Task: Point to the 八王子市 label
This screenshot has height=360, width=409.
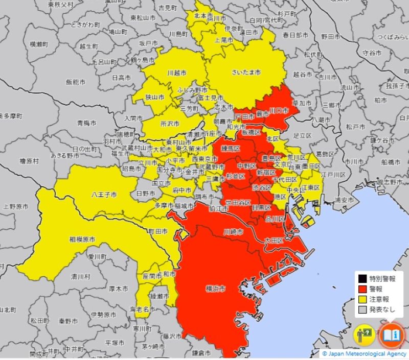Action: click(104, 195)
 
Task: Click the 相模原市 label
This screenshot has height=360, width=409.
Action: click(82, 239)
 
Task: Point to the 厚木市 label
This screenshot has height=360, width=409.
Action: click(118, 288)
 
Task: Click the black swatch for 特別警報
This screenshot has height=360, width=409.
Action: click(362, 279)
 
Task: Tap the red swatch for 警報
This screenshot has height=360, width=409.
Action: click(362, 289)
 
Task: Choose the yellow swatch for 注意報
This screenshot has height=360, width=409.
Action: click(362, 299)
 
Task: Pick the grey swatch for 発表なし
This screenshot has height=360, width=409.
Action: click(362, 309)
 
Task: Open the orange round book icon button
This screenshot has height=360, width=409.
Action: click(392, 335)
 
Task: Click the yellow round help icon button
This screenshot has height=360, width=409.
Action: click(365, 335)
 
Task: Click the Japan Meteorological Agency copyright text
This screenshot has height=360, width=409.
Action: click(364, 353)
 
